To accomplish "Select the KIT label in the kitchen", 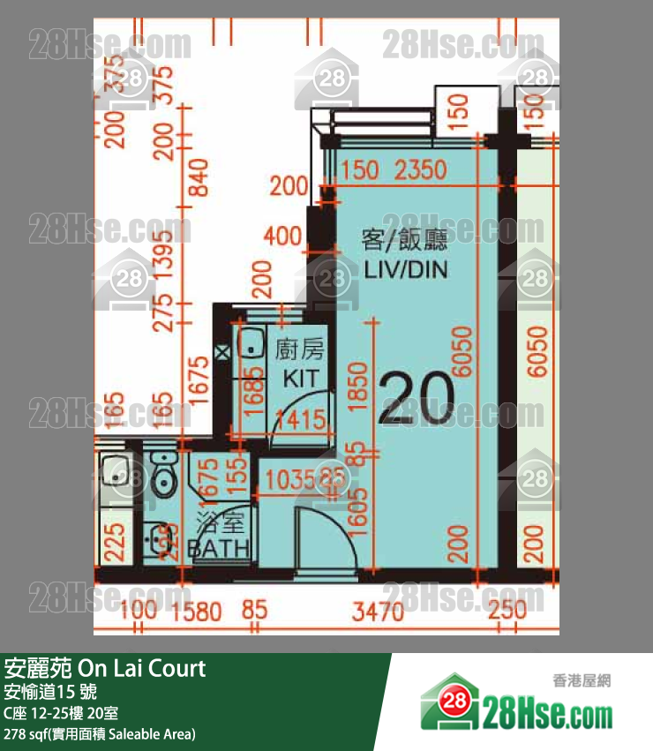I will [299, 379].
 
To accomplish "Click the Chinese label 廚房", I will [300, 350].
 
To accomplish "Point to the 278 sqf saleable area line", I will [100, 733].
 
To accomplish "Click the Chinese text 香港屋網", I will [582, 680].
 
